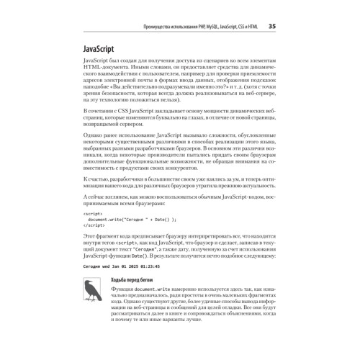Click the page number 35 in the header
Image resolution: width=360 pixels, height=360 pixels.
point(272,27)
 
